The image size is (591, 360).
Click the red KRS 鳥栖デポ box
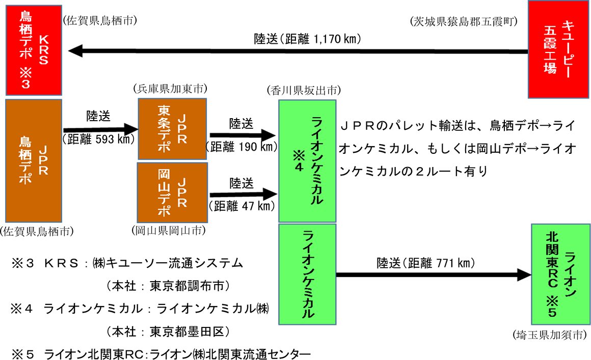coord(34,50)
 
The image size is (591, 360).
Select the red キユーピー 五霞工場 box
coord(558,49)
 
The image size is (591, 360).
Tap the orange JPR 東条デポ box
coord(173,129)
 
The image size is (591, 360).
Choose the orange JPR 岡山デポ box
coord(173,192)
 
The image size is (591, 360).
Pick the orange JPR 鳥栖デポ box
coord(34,160)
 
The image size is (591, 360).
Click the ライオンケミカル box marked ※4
coord(307,160)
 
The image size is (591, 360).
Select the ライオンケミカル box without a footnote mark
coord(307,274)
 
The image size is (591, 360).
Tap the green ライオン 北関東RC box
coord(560,274)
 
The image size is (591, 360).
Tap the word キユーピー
coord(567,49)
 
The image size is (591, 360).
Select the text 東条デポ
coord(164,129)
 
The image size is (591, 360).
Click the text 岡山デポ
coord(164,192)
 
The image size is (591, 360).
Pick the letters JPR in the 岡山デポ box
coord(181,192)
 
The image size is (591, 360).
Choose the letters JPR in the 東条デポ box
coord(181,129)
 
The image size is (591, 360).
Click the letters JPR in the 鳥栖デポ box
coord(43,160)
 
